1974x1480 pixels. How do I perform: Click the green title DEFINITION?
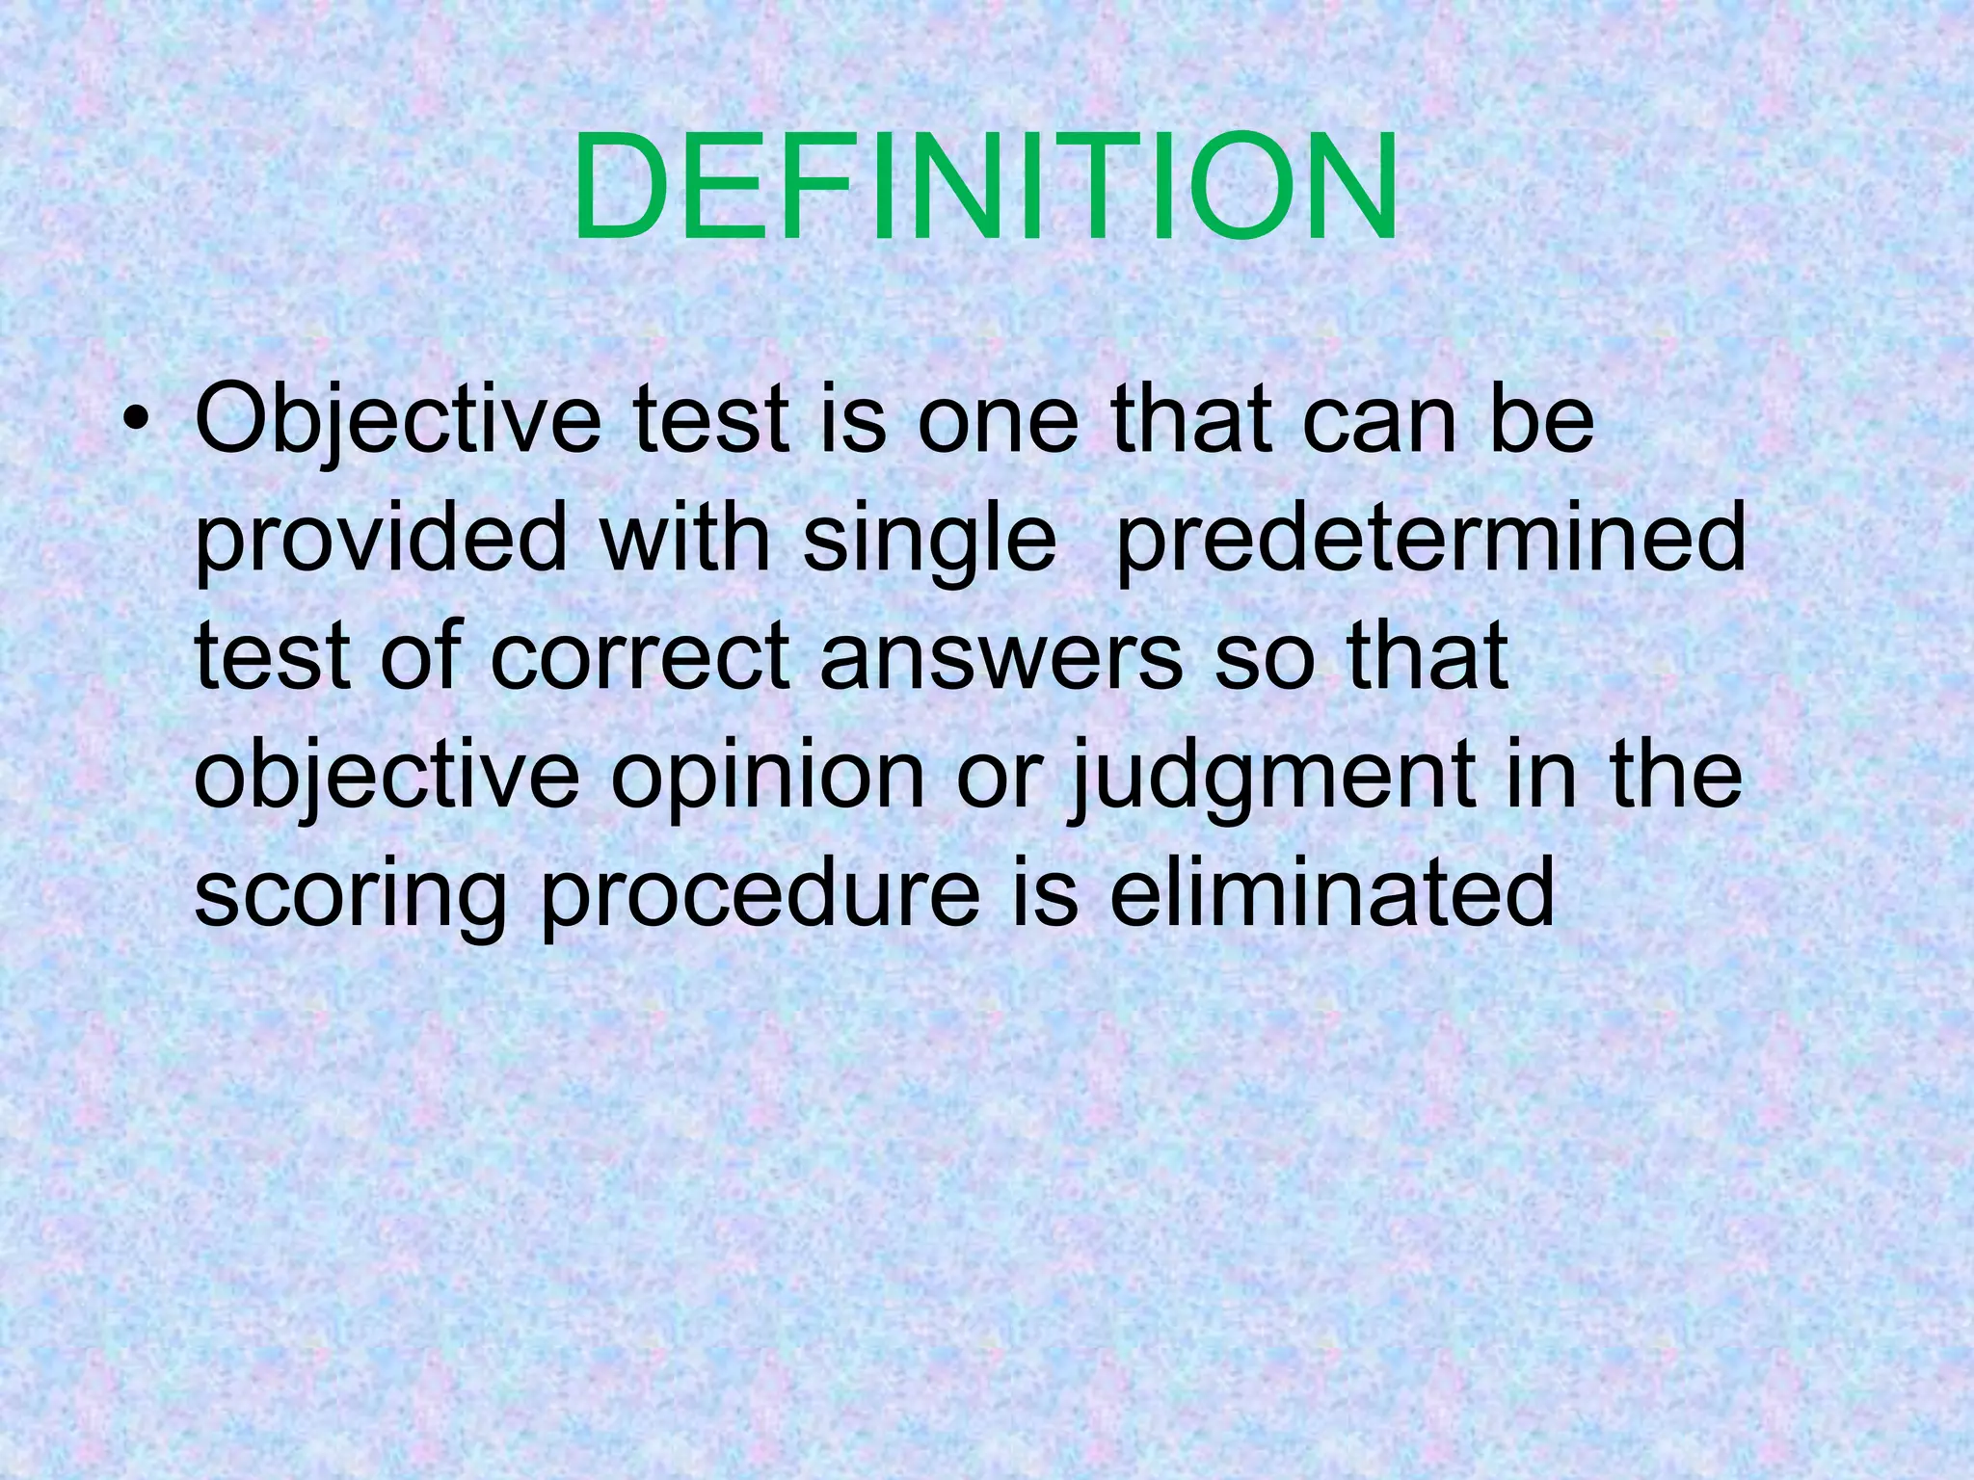985,188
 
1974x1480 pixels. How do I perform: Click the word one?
997,424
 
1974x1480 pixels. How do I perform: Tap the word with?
685,540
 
